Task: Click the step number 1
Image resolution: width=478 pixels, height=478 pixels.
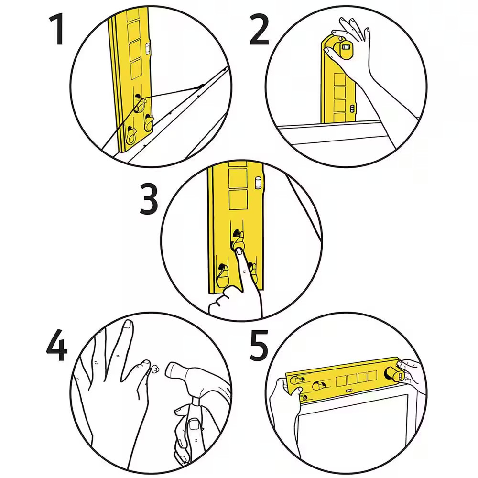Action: (57, 30)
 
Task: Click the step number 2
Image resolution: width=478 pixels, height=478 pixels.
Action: (259, 30)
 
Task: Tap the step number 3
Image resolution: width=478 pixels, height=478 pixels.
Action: (149, 199)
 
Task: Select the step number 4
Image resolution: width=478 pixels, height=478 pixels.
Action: (56, 345)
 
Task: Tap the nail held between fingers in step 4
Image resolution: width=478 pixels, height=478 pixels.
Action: (156, 369)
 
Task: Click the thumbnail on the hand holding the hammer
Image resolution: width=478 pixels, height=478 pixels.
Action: (194, 424)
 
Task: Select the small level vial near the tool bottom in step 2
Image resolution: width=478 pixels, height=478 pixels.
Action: (352, 109)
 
